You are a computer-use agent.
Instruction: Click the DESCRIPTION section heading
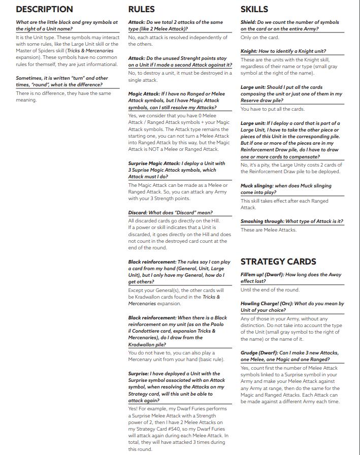pos(44,9)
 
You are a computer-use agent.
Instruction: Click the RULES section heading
pos(141,9)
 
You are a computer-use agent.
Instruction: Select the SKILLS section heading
pos(254,9)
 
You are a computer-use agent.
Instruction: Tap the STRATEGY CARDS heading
pos(278,262)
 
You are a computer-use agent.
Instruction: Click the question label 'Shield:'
pos(248,22)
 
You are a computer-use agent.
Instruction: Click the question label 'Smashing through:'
pos(263,221)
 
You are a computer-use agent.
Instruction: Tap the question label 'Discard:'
pos(138,212)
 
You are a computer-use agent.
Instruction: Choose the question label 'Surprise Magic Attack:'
pos(154,164)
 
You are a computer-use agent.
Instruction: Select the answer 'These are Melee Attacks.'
pos(268,230)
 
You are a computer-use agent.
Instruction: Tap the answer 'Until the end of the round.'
pos(270,290)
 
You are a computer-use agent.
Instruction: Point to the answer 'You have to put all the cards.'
pos(272,109)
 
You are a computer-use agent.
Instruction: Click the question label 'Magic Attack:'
pos(144,94)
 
